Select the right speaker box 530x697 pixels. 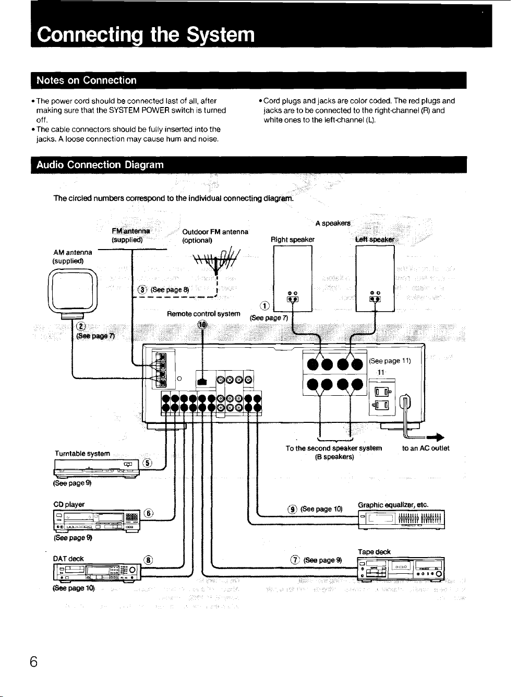click(x=293, y=278)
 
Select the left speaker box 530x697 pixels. click(x=375, y=278)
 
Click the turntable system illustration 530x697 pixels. click(x=97, y=468)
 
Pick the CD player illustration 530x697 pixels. click(x=97, y=521)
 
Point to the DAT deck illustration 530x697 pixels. click(x=97, y=573)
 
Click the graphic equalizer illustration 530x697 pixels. click(x=401, y=519)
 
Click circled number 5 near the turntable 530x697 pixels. click(x=148, y=463)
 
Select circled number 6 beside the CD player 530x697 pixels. click(x=149, y=513)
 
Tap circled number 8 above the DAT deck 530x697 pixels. click(x=148, y=560)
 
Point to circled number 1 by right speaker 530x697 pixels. click(x=265, y=306)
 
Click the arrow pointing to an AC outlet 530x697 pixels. click(x=436, y=437)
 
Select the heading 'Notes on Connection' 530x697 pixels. click(x=86, y=80)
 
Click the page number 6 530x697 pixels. click(x=33, y=662)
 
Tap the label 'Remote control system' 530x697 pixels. click(x=203, y=314)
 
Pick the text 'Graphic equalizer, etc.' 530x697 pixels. click(x=393, y=505)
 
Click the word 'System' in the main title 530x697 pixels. click(x=221, y=34)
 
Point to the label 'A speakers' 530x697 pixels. click(x=333, y=223)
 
